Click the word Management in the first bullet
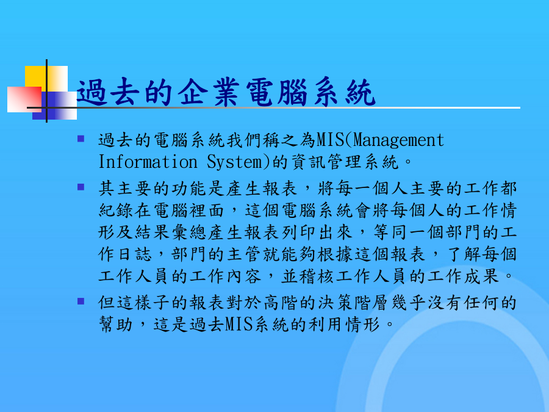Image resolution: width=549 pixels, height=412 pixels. tap(398, 140)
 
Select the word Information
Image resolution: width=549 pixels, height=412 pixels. tap(148, 162)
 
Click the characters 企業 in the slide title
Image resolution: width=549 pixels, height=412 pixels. tap(209, 92)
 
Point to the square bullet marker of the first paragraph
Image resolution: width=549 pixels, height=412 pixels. tap(81, 139)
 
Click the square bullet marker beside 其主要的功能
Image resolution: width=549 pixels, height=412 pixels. tap(81, 187)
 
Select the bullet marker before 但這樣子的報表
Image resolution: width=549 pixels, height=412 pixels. tap(81, 301)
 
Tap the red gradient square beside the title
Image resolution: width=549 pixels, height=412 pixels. tap(24, 99)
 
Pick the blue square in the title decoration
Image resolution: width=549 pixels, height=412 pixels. tap(55, 106)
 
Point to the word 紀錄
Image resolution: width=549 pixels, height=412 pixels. tap(116, 210)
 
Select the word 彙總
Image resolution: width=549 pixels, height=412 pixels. tap(190, 233)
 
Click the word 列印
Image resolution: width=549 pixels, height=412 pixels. tap(299, 233)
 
